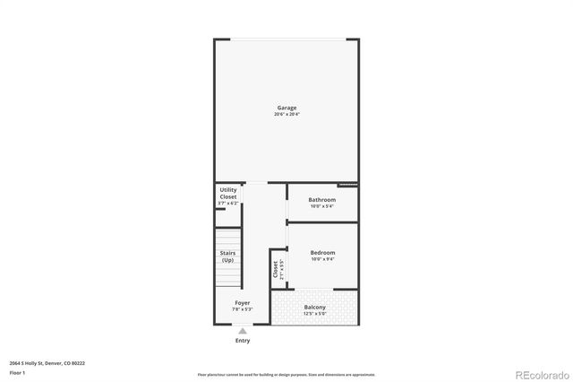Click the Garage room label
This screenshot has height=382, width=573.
pyautogui.click(x=286, y=108)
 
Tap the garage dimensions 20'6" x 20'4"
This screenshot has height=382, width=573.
pyautogui.click(x=286, y=114)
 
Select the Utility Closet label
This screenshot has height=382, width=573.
pyautogui.click(x=228, y=194)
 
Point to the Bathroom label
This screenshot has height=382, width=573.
pyautogui.click(x=322, y=199)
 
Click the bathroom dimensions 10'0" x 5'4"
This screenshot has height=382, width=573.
pyautogui.click(x=322, y=205)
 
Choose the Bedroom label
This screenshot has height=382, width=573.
pyautogui.click(x=322, y=253)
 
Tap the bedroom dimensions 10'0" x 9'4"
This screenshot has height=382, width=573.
pyautogui.click(x=322, y=259)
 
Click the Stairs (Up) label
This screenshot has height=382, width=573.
pyautogui.click(x=228, y=256)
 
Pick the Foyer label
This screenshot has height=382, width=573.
pyautogui.click(x=243, y=303)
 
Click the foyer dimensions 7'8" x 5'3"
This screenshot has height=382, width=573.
pyautogui.click(x=243, y=309)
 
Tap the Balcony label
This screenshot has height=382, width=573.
pyautogui.click(x=314, y=308)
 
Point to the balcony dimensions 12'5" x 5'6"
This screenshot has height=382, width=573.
pyautogui.click(x=314, y=314)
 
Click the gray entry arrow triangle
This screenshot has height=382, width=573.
pyautogui.click(x=243, y=331)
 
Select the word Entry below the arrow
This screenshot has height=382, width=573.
pyautogui.click(x=243, y=341)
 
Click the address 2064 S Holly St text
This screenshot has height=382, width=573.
pyautogui.click(x=47, y=363)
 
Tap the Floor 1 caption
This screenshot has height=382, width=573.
pyautogui.click(x=17, y=372)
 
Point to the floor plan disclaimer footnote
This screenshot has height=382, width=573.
pyautogui.click(x=286, y=374)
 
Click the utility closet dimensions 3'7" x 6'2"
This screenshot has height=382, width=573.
pyautogui.click(x=228, y=204)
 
